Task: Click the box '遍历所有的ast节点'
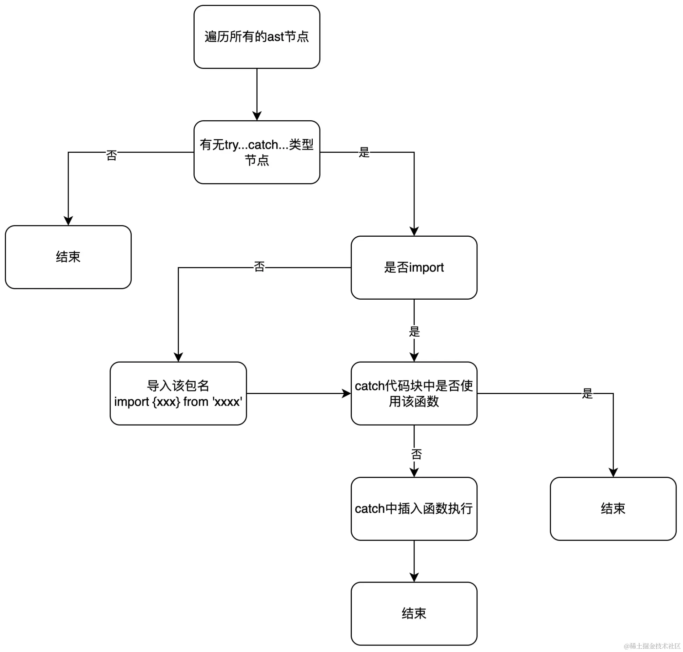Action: pos(256,37)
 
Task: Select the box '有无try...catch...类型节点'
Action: pos(256,152)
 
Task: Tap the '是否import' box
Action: pos(414,267)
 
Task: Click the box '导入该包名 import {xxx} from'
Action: pos(178,393)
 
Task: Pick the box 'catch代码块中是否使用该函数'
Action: pos(414,393)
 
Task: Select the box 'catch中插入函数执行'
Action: pos(414,509)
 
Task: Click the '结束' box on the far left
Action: pos(68,257)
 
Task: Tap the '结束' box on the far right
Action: pos(613,509)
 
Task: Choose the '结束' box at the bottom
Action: pos(414,613)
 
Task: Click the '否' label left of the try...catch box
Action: pos(111,155)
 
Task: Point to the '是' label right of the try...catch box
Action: pos(364,152)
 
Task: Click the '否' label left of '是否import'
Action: pos(259,267)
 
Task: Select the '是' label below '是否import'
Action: pos(414,332)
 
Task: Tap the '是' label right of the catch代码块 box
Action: pos(587,393)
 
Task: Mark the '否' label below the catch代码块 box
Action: pos(416,454)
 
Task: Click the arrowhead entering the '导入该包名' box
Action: pos(178,357)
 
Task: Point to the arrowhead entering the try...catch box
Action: pos(257,116)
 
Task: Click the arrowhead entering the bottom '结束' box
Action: pos(414,577)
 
